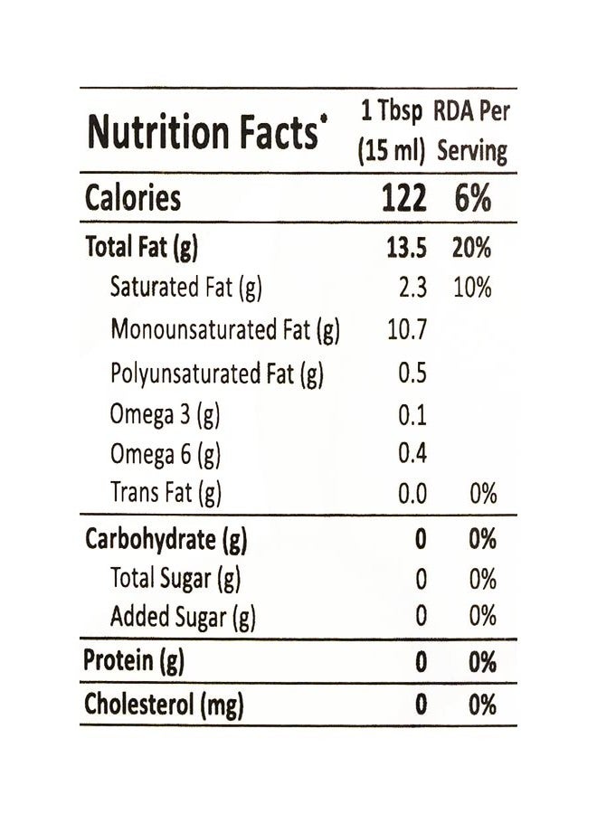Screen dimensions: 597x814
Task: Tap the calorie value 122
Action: coord(404,198)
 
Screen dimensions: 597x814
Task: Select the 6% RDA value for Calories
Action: coord(472,198)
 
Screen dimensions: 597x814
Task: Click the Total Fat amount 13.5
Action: coord(406,247)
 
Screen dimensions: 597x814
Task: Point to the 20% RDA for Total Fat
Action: coord(471,247)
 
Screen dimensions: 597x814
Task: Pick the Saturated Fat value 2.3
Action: coord(412,288)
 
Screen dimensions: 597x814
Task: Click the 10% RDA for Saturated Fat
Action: coord(472,288)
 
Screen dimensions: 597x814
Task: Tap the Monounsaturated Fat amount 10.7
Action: coord(407,329)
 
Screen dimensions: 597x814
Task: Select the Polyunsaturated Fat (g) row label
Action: coord(217,374)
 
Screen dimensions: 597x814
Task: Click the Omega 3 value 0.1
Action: coord(412,415)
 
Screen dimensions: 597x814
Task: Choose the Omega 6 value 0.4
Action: coord(412,453)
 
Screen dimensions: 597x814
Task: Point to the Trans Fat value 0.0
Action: coord(412,493)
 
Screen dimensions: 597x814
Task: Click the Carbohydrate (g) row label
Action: coord(166,540)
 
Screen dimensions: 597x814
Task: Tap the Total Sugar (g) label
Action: coord(175,580)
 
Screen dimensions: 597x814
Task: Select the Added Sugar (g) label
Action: coord(183,618)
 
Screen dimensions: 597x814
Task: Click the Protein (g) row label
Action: coord(134,661)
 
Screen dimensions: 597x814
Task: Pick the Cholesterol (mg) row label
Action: coord(164,705)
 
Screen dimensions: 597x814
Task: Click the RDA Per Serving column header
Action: coord(472,131)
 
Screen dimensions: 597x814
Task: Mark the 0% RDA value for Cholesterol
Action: coord(482,705)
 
